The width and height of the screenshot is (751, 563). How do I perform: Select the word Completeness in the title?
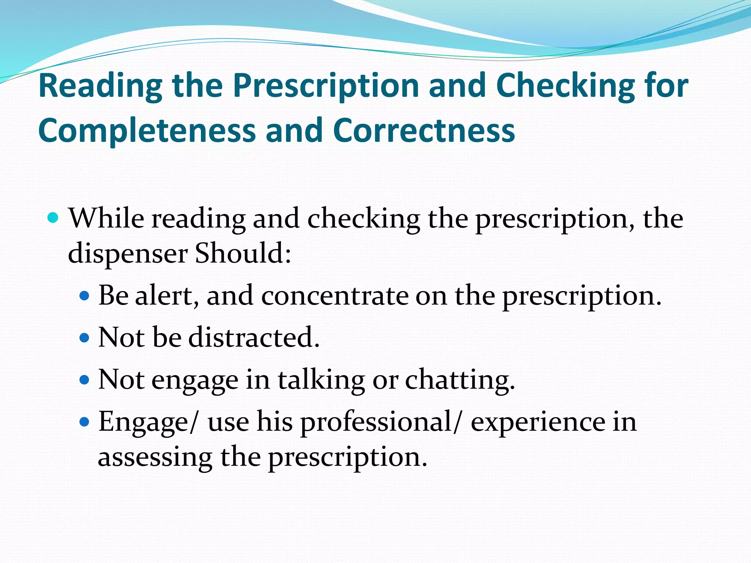147,131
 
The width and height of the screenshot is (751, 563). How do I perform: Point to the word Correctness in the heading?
424,130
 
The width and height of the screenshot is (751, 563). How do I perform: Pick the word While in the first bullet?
106,218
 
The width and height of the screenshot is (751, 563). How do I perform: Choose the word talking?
321,380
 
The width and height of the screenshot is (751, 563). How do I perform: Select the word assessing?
155,458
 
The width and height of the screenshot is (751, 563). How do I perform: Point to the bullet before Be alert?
84,295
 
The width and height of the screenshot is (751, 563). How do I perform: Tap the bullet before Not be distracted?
84,337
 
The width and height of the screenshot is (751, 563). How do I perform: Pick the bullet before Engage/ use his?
84,422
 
